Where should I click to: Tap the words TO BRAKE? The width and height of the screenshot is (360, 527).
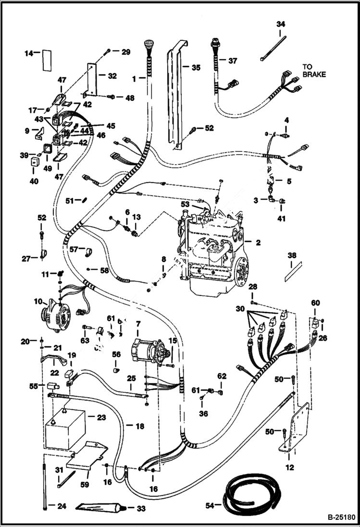[314, 71]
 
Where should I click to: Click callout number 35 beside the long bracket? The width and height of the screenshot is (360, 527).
[196, 68]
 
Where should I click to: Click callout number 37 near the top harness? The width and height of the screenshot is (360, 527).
[233, 61]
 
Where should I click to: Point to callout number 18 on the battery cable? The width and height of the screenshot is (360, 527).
[139, 426]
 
